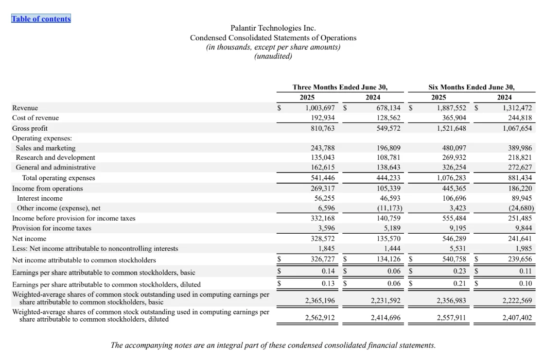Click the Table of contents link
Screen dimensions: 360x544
[41, 19]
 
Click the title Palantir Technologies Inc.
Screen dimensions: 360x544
[273, 28]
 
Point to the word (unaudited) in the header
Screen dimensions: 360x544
[273, 56]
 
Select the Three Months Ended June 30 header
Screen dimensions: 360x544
[340, 87]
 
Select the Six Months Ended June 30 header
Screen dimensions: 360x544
[471, 87]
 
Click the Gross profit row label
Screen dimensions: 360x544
[30, 128]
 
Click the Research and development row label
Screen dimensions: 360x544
[55, 157]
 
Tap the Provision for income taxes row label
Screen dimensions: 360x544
[52, 228]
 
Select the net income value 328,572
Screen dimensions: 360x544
[323, 239]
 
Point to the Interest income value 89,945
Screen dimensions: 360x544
[522, 198]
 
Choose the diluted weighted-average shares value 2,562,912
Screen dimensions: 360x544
[320, 318]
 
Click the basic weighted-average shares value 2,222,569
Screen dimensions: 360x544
[517, 301]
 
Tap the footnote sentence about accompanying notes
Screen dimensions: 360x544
[273, 345]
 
